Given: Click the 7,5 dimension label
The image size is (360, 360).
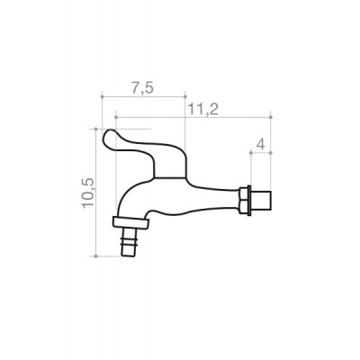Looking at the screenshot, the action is (x=142, y=88).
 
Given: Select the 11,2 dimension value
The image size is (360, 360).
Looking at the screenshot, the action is (x=203, y=110).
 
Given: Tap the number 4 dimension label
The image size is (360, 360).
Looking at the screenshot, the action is (x=261, y=145).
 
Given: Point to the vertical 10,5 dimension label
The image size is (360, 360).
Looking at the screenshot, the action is (x=88, y=193).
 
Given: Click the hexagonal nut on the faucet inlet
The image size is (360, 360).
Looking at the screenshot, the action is (x=245, y=201).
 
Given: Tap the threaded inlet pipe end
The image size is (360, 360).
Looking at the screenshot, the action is (x=262, y=201).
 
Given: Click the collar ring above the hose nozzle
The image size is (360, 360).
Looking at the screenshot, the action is (x=130, y=222).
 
